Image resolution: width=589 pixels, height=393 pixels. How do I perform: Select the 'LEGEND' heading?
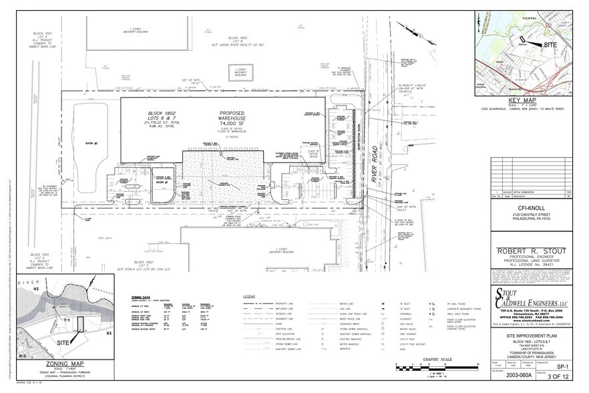click(249, 296)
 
